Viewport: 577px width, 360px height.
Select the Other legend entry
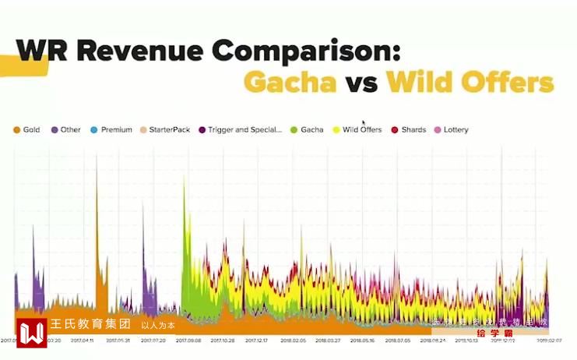(69, 129)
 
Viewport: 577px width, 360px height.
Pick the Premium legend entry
(115, 129)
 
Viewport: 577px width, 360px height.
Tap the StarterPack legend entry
(168, 129)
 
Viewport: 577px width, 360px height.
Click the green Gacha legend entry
(310, 129)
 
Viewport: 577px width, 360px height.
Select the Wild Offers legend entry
(361, 129)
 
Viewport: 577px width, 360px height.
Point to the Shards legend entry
(412, 129)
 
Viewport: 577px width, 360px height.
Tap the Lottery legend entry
(455, 129)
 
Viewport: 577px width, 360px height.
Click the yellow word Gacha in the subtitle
(290, 83)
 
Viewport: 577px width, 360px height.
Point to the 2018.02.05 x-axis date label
(292, 341)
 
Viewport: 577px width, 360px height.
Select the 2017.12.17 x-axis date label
(257, 341)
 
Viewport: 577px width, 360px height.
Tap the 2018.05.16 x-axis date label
(362, 341)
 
